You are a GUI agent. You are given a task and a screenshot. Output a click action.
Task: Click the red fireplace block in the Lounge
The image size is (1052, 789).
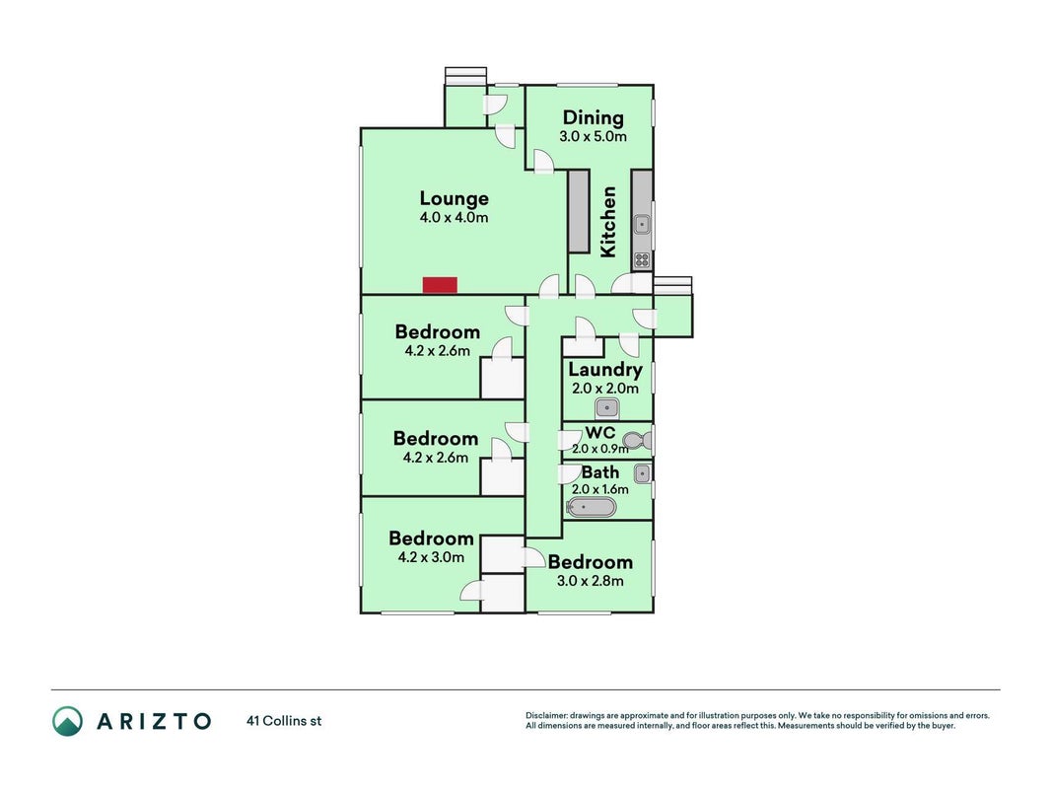[440, 284]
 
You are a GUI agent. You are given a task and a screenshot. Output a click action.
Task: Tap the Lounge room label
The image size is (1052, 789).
[455, 198]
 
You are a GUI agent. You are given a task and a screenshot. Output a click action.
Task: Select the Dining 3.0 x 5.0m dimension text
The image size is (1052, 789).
[594, 137]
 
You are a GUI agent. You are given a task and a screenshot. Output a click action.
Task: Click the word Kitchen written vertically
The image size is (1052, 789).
[608, 222]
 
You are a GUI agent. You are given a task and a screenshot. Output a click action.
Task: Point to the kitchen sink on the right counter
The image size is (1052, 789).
[642, 224]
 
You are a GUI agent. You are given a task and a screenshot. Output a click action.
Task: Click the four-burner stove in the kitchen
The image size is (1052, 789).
[642, 260]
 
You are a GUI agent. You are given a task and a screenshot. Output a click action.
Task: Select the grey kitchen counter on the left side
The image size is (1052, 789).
[579, 211]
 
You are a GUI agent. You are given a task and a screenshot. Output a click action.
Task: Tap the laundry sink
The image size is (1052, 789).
[607, 408]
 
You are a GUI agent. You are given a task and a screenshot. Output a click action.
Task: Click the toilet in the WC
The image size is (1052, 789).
[637, 441]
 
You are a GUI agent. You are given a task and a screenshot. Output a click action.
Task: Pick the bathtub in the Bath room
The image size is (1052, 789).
[592, 507]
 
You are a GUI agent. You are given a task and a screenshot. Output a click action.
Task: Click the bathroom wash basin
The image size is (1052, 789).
[642, 473]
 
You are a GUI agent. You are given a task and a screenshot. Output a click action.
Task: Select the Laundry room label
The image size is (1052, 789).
[605, 370]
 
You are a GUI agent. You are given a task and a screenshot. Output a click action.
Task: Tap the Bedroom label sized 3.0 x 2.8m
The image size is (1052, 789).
[591, 561]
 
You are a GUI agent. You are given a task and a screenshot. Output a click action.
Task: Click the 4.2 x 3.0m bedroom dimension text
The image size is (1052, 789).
[431, 557]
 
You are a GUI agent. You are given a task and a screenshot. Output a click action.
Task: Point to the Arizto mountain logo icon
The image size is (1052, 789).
[68, 721]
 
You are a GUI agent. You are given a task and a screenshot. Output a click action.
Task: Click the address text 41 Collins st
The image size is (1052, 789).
[285, 721]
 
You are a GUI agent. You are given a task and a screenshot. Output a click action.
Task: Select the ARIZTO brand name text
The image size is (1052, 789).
[155, 721]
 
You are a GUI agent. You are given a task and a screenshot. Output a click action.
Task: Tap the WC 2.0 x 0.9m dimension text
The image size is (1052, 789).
[599, 449]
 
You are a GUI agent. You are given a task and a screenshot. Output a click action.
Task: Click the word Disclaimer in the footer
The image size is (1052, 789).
[547, 716]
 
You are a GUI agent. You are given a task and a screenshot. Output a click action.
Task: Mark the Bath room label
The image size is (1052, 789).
[600, 472]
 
